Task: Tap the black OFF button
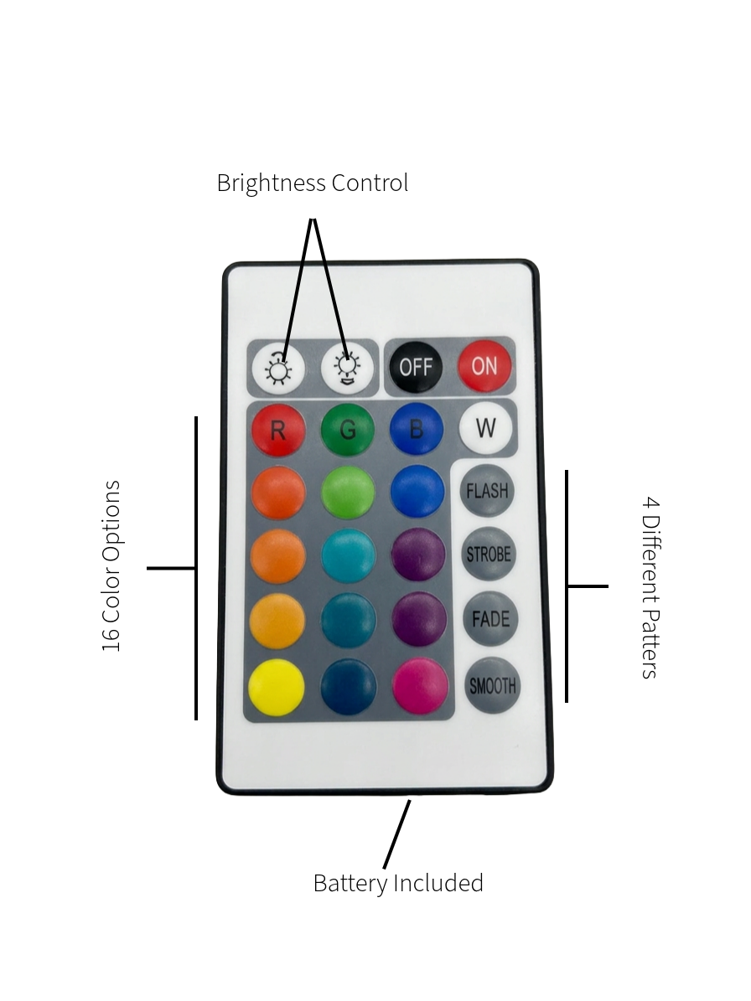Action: pos(416,366)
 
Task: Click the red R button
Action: pos(278,430)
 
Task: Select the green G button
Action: pos(347,429)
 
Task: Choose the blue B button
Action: pos(417,428)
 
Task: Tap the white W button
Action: pos(485,427)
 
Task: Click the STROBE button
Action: pos(489,555)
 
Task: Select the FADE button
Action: pos(490,618)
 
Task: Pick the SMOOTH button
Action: pos(492,686)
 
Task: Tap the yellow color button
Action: pos(277,688)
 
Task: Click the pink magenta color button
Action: pos(420,686)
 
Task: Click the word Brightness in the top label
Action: pos(272,183)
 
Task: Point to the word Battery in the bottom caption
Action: pos(350,884)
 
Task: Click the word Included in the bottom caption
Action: pos(438,883)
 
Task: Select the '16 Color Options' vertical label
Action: pos(111,566)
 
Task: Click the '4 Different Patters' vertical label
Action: pos(650,587)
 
